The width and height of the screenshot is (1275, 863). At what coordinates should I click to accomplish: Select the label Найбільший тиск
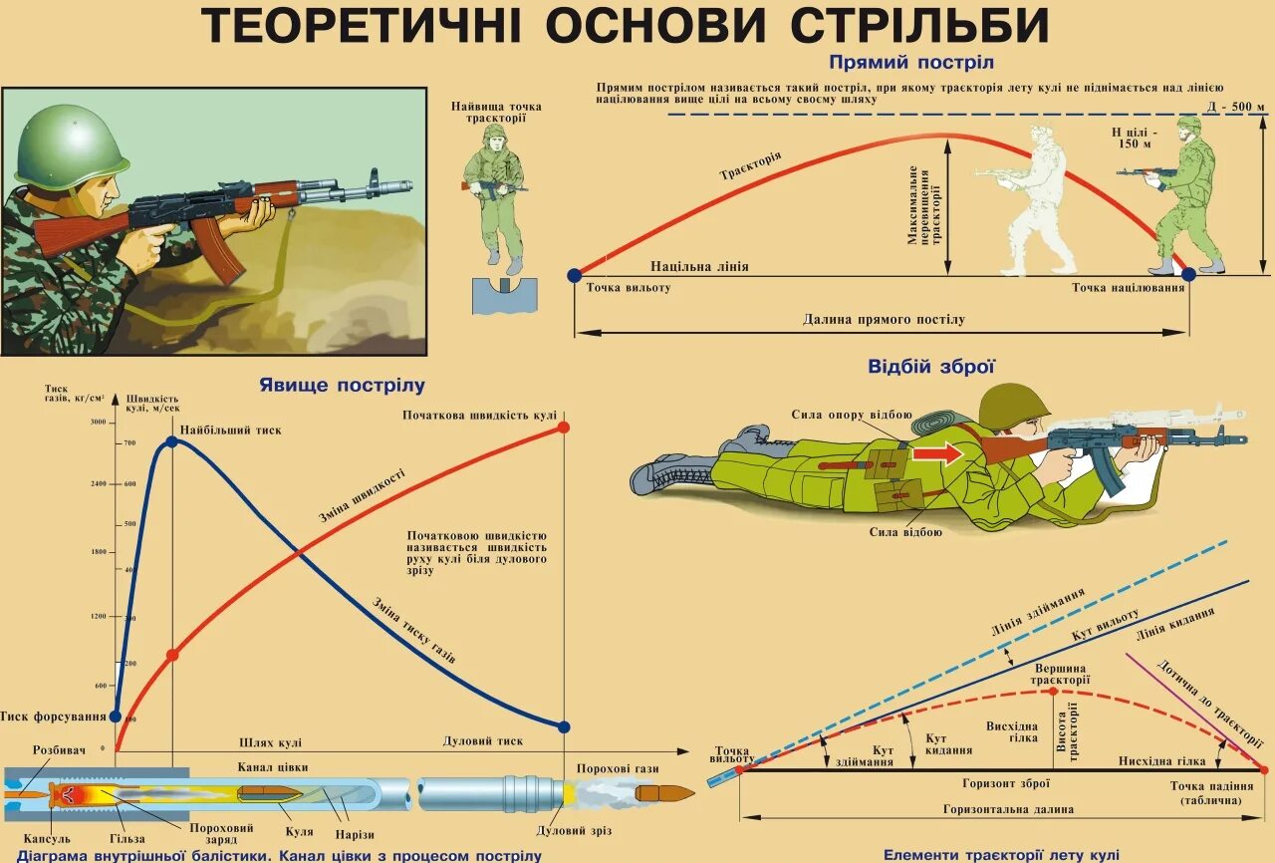click(x=230, y=430)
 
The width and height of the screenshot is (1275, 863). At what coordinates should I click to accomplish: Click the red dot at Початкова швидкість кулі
click(x=563, y=427)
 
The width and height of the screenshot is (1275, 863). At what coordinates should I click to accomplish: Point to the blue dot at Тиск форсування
click(x=116, y=716)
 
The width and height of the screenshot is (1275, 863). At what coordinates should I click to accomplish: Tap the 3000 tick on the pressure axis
click(x=98, y=422)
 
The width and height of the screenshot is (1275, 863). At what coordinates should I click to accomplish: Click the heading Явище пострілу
click(x=342, y=385)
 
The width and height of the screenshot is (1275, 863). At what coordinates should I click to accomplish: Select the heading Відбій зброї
click(x=931, y=367)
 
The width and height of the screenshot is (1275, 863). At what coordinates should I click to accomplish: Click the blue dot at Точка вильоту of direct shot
click(x=574, y=274)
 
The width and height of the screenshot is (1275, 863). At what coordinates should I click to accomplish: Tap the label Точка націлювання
click(x=1128, y=288)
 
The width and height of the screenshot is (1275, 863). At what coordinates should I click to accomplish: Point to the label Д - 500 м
click(x=1234, y=107)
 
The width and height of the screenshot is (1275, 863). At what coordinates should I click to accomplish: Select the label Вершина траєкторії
click(x=1060, y=674)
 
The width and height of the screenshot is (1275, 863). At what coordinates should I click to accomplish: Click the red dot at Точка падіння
click(x=1264, y=769)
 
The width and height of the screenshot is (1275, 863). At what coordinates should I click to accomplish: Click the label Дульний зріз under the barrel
click(x=573, y=830)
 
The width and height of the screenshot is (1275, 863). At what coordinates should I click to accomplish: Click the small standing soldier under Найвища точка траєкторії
click(x=495, y=194)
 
